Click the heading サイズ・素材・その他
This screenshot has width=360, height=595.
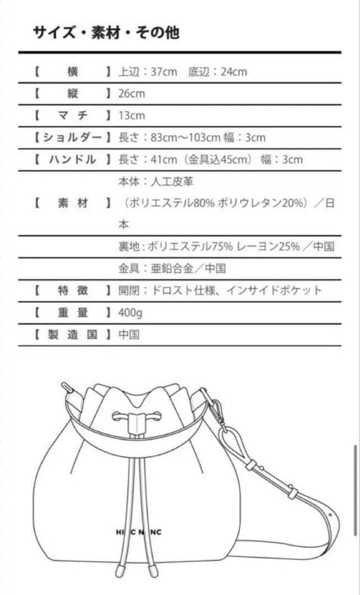[x=106, y=33]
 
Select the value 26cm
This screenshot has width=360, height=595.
[x=132, y=93]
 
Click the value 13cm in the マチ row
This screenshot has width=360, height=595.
[x=132, y=115]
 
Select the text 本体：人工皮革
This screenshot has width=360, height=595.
[x=155, y=181]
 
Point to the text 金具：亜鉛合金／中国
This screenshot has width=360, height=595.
[x=172, y=268]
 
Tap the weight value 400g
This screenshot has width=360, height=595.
[x=130, y=312]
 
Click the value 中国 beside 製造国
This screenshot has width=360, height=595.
[x=128, y=334]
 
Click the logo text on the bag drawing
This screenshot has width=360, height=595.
[x=135, y=532]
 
